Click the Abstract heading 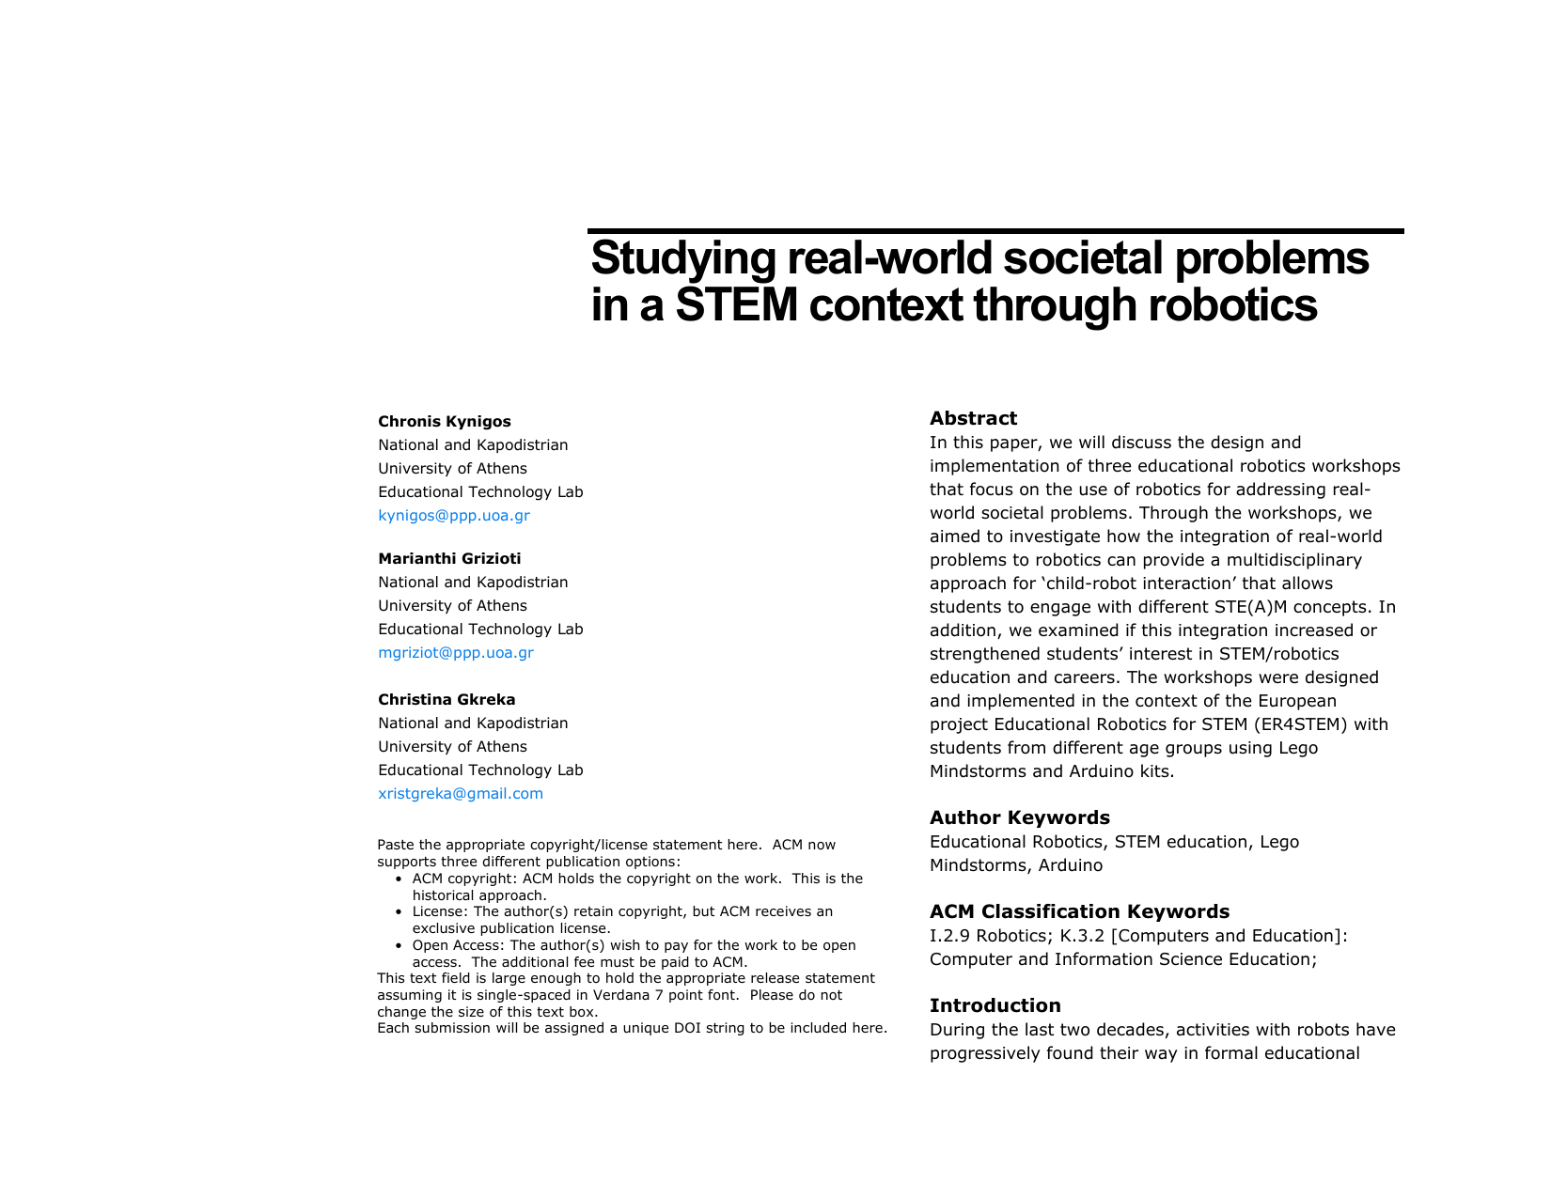(973, 419)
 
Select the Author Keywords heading (1019, 817)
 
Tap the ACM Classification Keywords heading (1079, 911)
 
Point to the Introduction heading (995, 1005)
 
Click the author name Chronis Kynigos (444, 422)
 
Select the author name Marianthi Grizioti (449, 559)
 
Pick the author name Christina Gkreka (446, 700)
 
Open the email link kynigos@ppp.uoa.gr (453, 516)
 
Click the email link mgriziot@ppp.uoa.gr (455, 653)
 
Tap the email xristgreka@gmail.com (460, 794)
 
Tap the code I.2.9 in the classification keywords (950, 936)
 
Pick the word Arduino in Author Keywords (1071, 865)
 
